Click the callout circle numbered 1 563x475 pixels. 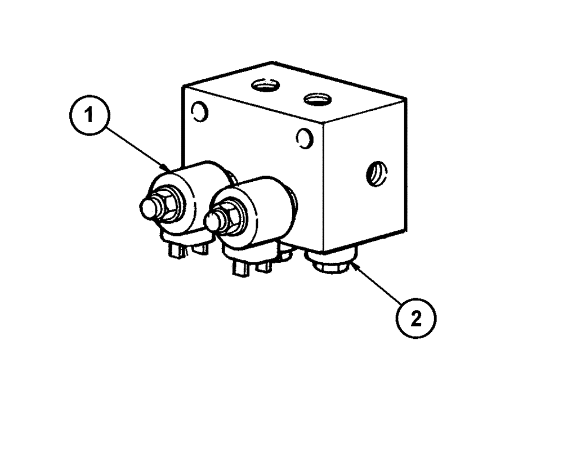[87, 116]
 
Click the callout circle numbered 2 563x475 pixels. [415, 318]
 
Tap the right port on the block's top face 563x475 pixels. [316, 100]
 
